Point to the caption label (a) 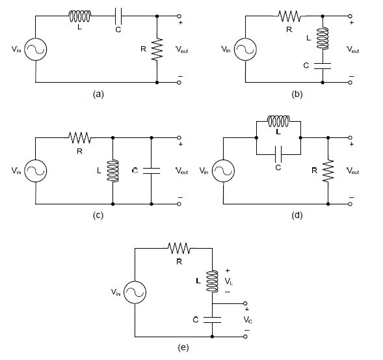[x=98, y=94]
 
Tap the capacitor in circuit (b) [x=323, y=65]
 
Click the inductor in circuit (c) [x=113, y=171]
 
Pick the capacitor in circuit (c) [x=151, y=171]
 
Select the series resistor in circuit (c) [x=79, y=138]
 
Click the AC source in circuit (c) [x=35, y=171]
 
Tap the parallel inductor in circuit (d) [x=280, y=121]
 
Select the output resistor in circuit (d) [x=329, y=171]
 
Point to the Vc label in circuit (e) [x=247, y=320]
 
